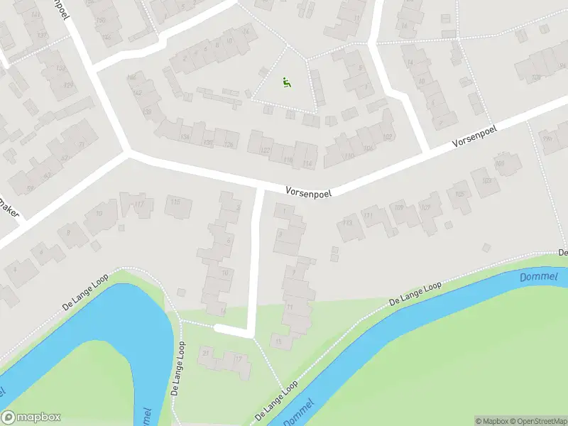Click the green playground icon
tap(287, 82)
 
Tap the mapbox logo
tap(31, 417)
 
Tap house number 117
tap(139, 205)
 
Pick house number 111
tap(367, 215)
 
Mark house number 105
tap(460, 194)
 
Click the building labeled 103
tap(486, 180)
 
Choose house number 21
tap(207, 352)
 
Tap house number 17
tap(238, 359)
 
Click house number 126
tap(229, 145)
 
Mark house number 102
tap(387, 137)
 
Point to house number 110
tap(349, 155)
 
